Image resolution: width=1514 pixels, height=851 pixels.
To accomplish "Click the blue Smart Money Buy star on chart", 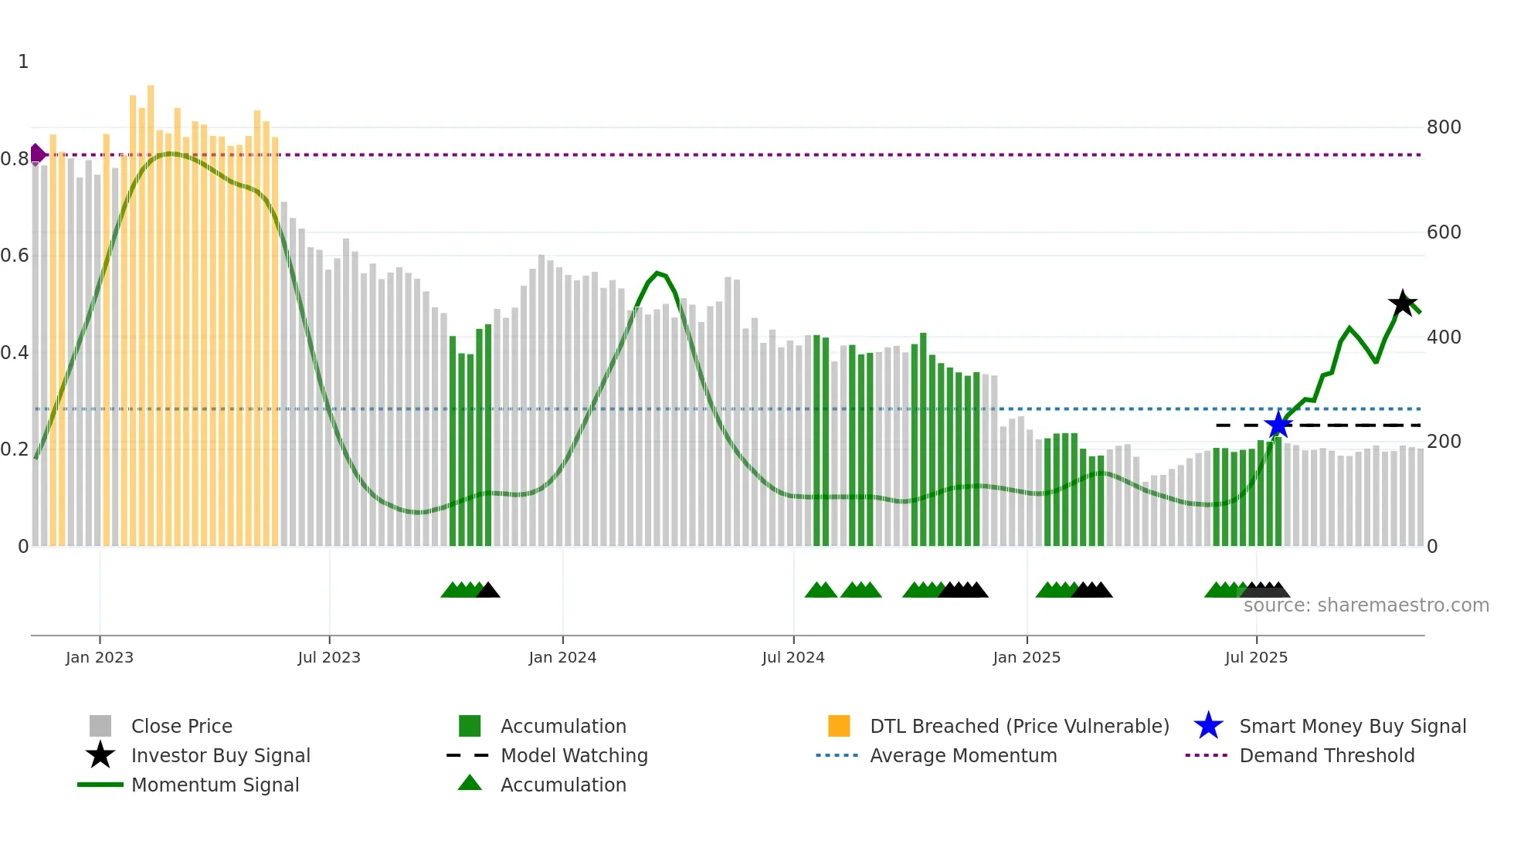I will click(x=1278, y=425).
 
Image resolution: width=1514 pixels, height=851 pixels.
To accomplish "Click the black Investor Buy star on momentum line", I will click(x=1402, y=303).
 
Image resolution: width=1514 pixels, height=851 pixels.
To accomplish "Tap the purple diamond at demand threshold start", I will click(x=36, y=154).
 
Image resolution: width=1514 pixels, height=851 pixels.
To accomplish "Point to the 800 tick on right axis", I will click(x=1443, y=127).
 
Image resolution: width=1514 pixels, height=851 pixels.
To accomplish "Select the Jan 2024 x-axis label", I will click(x=562, y=658).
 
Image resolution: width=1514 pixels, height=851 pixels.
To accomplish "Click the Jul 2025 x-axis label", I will click(x=1256, y=658).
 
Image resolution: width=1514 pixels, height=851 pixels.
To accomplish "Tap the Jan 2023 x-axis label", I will click(x=100, y=658).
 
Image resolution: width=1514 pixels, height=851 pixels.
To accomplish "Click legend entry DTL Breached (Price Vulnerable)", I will click(x=1019, y=727).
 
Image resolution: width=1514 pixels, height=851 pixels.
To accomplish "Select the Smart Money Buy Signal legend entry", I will click(x=1352, y=727).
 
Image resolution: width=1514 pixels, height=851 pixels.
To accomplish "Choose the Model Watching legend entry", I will click(x=574, y=756).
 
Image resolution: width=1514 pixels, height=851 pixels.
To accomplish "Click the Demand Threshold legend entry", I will click(x=1326, y=756).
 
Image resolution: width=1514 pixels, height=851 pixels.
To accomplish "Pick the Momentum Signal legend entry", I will click(x=215, y=785).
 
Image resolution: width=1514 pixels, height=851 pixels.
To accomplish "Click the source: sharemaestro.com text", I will click(x=1366, y=605).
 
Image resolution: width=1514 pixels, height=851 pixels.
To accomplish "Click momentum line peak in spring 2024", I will click(x=657, y=273).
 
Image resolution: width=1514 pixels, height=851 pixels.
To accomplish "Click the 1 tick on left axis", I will click(x=23, y=62).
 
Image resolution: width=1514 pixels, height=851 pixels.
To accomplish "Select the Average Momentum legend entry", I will click(x=962, y=756).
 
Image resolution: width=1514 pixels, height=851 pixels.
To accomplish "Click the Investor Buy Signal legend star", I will click(x=100, y=755).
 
